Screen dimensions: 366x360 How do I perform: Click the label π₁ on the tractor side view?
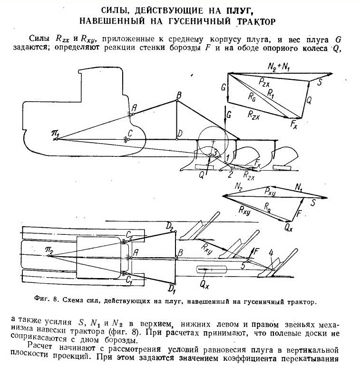(x=55, y=136)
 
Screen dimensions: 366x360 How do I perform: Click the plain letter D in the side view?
(x=179, y=135)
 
